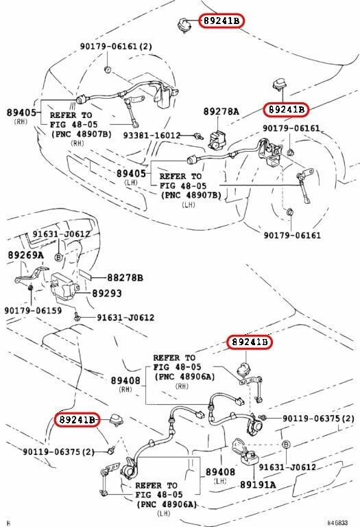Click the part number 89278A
[x=221, y=111]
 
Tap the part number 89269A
[x=25, y=255]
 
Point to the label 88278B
[x=124, y=278]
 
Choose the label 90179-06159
[x=33, y=310]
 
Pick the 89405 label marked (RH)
[x=22, y=112]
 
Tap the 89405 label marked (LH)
[x=130, y=174]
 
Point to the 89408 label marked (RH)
[x=125, y=380]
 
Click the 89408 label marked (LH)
[x=221, y=472]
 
